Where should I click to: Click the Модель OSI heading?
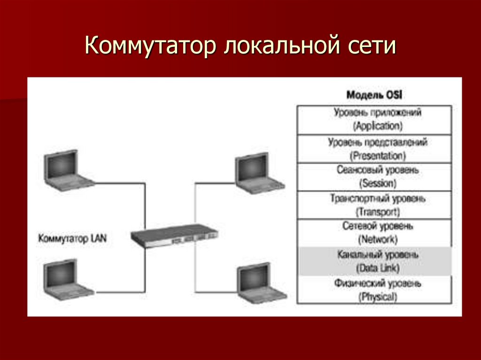coord(374,95)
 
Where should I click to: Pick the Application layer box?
coord(374,120)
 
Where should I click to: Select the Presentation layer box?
coord(374,148)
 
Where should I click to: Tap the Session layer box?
coord(374,176)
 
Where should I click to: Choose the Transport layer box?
coord(374,205)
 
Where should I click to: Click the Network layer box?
coord(374,233)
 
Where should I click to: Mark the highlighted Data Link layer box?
coord(374,261)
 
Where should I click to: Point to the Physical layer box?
coord(374,290)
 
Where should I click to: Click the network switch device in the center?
coord(174,235)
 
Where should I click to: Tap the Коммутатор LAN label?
coord(72,238)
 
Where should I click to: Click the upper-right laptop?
coord(259,173)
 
